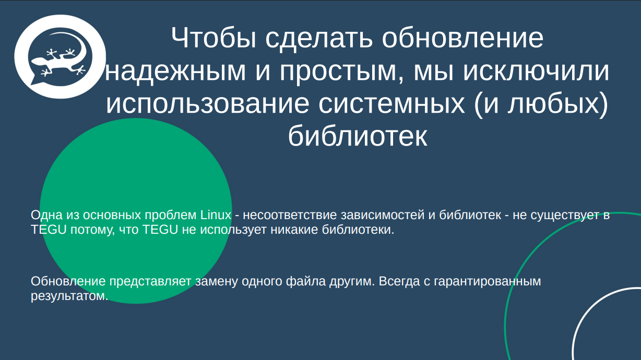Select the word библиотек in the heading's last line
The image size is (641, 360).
(358, 137)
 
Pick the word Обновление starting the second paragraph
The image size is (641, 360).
(68, 282)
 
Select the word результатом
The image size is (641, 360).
(69, 296)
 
